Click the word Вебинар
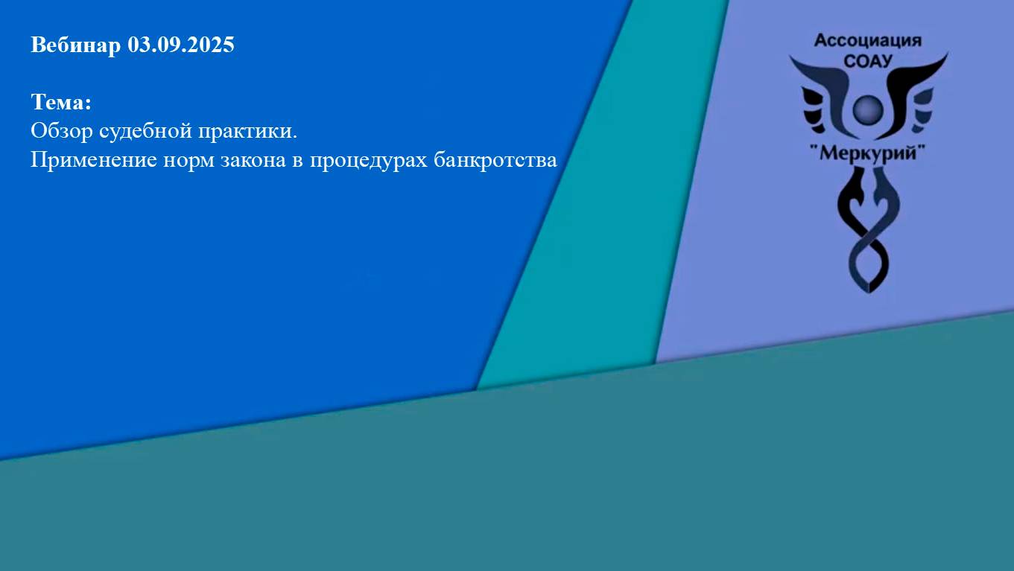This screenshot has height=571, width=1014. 75,45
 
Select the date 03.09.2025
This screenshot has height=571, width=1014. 181,45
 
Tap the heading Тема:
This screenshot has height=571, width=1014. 60,102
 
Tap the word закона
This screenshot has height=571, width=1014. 252,161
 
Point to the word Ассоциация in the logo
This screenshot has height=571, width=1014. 868,40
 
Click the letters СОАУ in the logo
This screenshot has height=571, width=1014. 868,60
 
